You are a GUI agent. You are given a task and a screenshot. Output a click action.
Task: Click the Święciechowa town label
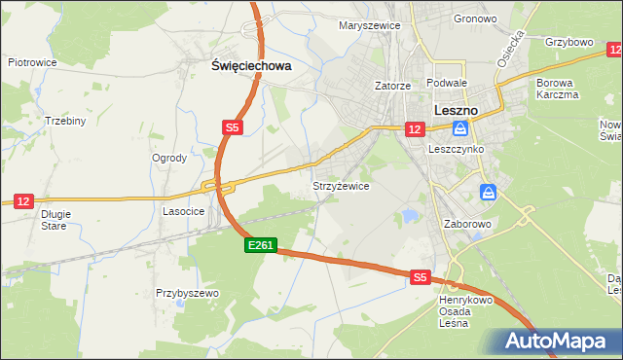coord(252,66)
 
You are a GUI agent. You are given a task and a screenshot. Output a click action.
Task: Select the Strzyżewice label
coord(340,185)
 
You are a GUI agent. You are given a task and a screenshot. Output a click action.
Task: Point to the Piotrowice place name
coord(32,62)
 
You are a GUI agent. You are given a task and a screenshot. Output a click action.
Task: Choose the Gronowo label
coord(475,18)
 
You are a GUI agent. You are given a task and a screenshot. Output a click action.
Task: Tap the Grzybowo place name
coord(569,43)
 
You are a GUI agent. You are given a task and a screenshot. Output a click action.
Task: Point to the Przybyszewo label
coord(187,292)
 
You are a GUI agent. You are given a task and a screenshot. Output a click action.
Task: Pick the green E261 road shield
coord(261,247)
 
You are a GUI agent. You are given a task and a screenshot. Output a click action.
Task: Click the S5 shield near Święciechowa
coord(232,127)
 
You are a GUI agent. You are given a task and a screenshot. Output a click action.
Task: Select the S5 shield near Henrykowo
coord(420,277)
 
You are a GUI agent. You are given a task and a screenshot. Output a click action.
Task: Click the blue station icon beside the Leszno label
coord(460,127)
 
